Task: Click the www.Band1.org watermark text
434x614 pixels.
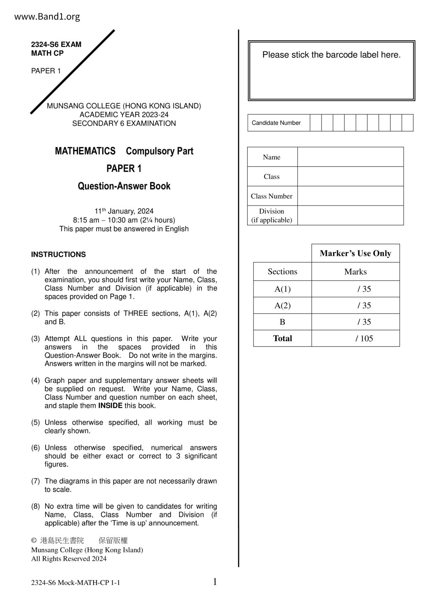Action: (x=47, y=17)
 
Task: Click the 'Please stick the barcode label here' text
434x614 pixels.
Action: (x=331, y=55)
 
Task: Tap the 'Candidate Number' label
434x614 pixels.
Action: (x=276, y=123)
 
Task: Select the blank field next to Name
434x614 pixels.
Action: (x=350, y=157)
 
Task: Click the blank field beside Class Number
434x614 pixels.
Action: (x=350, y=196)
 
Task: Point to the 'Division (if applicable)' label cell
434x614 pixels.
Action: (x=272, y=216)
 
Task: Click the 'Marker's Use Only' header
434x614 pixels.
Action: (x=355, y=253)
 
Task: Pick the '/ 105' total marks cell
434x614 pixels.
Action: (x=364, y=339)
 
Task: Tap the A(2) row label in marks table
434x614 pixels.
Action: (x=282, y=306)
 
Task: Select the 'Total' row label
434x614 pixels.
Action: (x=282, y=339)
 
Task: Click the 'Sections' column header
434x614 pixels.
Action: (x=282, y=272)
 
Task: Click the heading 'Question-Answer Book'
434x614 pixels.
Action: (x=124, y=186)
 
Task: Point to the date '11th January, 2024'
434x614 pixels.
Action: (x=124, y=211)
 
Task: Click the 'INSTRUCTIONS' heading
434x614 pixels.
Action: (x=58, y=254)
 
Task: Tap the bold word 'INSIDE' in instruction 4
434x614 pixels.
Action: (x=110, y=406)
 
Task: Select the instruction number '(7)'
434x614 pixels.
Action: (x=35, y=481)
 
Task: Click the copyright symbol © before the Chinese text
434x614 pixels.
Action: (x=34, y=540)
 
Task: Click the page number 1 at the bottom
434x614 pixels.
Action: (x=215, y=582)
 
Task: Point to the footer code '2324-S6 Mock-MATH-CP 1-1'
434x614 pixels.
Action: (x=76, y=583)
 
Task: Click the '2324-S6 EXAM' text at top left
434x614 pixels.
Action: (x=56, y=44)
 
